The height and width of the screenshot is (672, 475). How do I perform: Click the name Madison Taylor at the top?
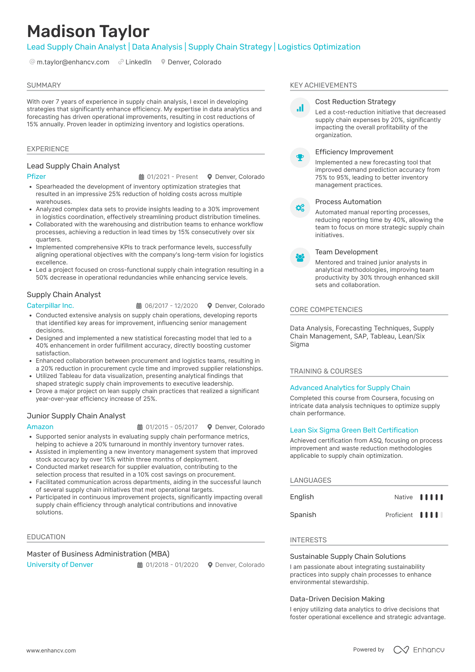(88, 31)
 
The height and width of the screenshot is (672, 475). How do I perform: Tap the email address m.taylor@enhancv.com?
(73, 62)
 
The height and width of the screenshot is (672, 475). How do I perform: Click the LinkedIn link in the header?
(138, 62)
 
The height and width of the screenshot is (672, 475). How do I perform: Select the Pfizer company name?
(36, 177)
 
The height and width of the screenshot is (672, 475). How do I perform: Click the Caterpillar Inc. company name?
(50, 306)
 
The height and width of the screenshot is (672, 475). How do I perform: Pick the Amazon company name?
(40, 427)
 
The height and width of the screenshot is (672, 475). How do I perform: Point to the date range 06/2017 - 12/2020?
(171, 306)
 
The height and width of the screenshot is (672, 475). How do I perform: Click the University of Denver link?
(60, 565)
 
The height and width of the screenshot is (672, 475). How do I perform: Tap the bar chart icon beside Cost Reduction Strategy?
(300, 108)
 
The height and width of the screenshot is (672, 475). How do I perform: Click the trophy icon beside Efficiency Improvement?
(300, 158)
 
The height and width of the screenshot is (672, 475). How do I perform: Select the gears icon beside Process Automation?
(300, 207)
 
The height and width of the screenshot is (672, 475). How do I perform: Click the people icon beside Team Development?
(300, 258)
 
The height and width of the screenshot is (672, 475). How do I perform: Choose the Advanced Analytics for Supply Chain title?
(350, 388)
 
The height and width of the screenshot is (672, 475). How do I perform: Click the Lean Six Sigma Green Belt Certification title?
(354, 430)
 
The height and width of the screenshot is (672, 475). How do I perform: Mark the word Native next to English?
(403, 497)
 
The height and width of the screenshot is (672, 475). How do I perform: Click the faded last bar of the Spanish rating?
(441, 515)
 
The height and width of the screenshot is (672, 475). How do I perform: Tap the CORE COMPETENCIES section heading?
(326, 310)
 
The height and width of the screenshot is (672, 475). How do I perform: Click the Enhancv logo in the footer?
(419, 650)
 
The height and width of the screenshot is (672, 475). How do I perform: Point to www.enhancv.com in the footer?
(51, 650)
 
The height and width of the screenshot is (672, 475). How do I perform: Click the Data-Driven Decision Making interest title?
(337, 599)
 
